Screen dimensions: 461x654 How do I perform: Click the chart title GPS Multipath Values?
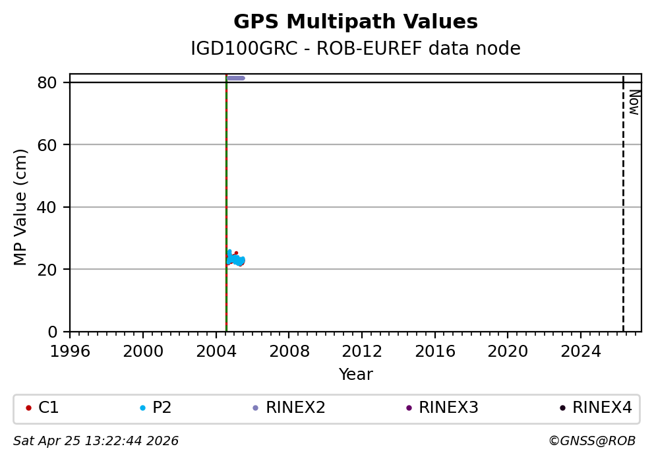(x=355, y=22)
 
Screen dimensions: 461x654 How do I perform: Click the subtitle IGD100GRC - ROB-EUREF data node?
(x=355, y=49)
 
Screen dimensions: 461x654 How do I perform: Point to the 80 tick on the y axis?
(x=53, y=82)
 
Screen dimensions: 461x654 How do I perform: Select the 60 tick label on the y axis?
(x=53, y=145)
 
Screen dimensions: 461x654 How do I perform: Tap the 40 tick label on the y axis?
(x=53, y=207)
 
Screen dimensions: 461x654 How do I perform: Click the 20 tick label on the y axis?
(x=53, y=269)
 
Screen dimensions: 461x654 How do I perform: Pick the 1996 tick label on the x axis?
(x=70, y=351)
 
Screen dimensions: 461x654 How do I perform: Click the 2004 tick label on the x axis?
(x=216, y=351)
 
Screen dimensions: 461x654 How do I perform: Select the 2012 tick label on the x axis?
(x=362, y=351)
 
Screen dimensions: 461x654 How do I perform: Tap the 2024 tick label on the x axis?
(x=580, y=351)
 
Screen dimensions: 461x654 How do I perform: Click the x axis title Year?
(x=355, y=375)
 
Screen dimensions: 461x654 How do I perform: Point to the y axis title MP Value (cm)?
(x=21, y=207)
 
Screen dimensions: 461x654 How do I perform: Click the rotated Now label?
(x=634, y=102)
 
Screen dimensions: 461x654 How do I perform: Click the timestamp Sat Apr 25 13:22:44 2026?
(x=96, y=441)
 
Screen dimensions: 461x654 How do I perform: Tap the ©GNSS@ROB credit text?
(x=592, y=441)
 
